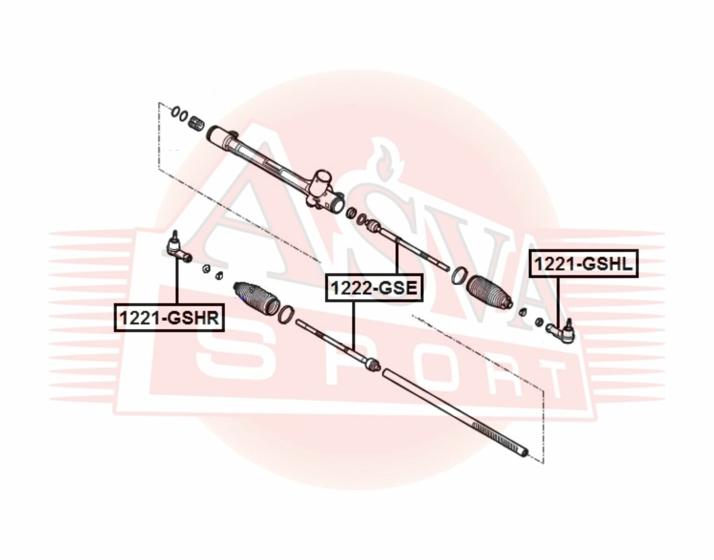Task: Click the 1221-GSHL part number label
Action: click(x=583, y=265)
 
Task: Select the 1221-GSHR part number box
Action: click(x=169, y=317)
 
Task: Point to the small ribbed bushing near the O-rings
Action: click(x=197, y=123)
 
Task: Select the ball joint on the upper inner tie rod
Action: click(x=373, y=226)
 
